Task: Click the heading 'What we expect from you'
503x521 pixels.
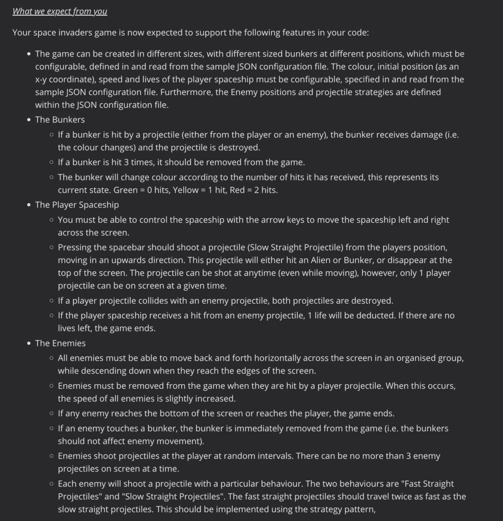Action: pyautogui.click(x=60, y=11)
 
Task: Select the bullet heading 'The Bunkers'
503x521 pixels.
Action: pyautogui.click(x=60, y=120)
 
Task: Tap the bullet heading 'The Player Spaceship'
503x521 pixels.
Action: pyautogui.click(x=77, y=205)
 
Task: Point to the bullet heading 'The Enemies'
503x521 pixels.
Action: pyautogui.click(x=60, y=343)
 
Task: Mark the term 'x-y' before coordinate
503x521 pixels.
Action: pyautogui.click(x=43, y=79)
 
